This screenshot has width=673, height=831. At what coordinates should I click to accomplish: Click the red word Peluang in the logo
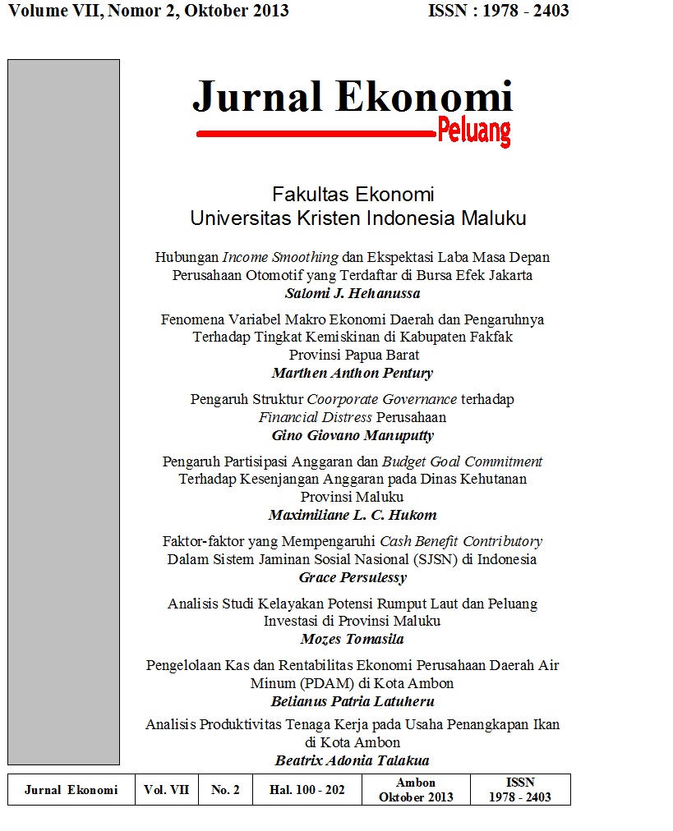point(474,131)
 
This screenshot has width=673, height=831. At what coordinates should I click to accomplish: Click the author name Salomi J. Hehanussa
point(352,292)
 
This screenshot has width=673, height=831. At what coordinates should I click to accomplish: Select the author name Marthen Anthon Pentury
point(352,373)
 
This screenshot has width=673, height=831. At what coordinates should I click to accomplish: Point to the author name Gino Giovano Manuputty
point(352,435)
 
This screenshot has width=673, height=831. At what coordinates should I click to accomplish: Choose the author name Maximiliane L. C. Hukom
point(352,516)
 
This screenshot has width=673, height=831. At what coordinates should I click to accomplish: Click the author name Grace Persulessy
point(352,577)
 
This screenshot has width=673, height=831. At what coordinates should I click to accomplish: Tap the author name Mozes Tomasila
point(352,639)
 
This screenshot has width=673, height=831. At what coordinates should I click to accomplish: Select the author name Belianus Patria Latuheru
point(352,701)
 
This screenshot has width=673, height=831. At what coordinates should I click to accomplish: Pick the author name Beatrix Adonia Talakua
point(352,760)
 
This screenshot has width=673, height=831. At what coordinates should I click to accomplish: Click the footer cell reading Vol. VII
point(166,790)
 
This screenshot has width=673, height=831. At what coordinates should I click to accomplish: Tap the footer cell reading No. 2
point(225,790)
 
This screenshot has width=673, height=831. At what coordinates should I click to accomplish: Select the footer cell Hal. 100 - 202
point(307,790)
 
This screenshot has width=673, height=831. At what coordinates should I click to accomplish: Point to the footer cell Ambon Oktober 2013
point(416,790)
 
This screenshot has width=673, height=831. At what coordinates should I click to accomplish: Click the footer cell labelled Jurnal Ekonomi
point(71,790)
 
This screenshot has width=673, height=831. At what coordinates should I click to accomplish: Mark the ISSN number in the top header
point(499,11)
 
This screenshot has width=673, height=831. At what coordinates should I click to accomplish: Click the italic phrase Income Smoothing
point(280,257)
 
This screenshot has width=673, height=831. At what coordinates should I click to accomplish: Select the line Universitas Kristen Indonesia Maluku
point(357,218)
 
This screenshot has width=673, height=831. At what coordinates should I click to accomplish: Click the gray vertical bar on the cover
point(63,411)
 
